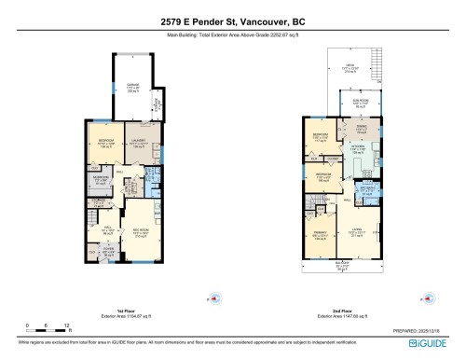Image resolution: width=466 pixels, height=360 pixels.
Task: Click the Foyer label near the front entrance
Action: (x=108, y=249)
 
